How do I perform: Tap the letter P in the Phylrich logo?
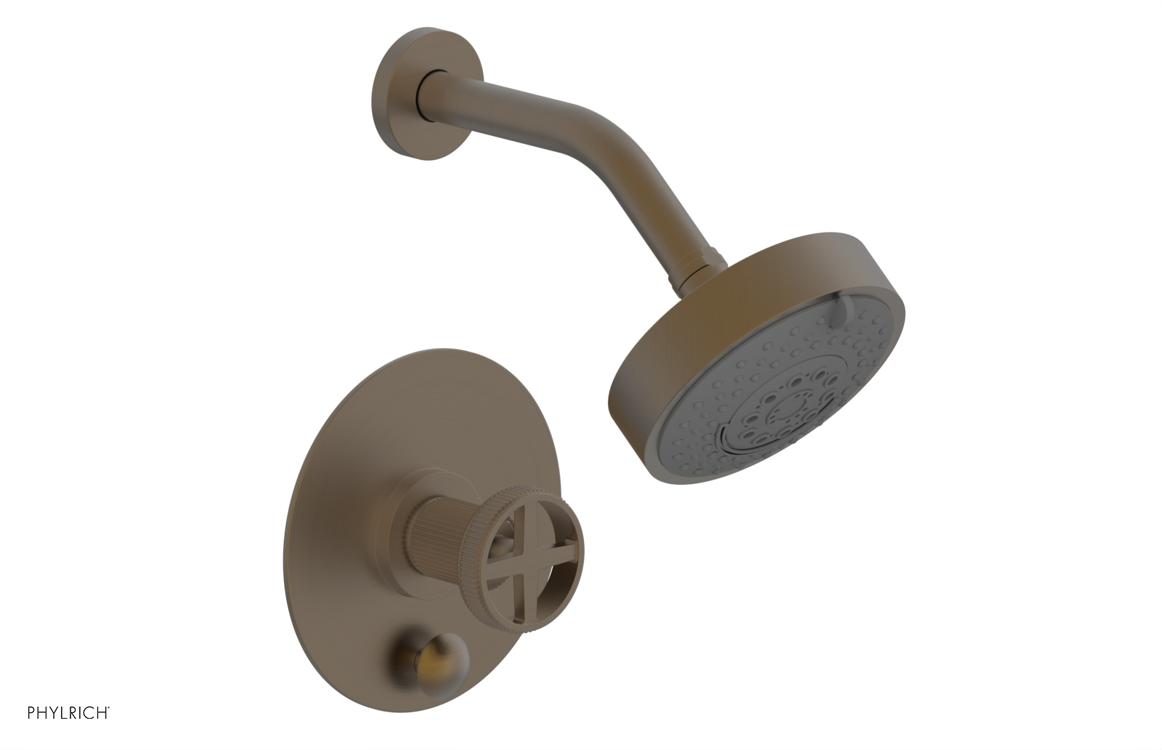coord(32,712)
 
